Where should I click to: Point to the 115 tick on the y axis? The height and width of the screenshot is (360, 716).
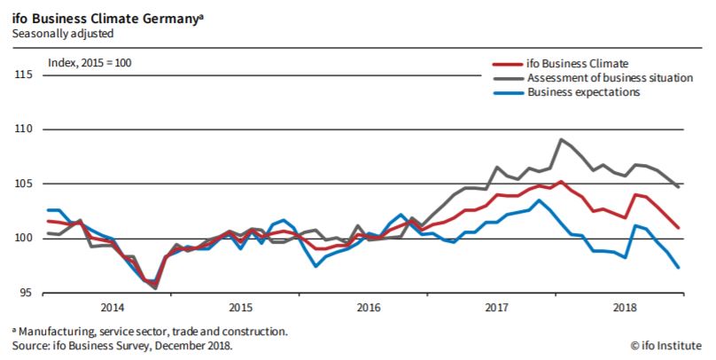pyautogui.click(x=25, y=75)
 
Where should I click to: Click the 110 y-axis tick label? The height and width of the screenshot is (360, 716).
pyautogui.click(x=25, y=129)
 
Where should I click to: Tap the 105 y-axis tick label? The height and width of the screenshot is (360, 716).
pyautogui.click(x=25, y=184)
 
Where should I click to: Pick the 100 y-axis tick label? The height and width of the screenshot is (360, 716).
pyautogui.click(x=25, y=238)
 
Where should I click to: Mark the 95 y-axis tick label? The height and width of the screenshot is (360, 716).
pyautogui.click(x=27, y=292)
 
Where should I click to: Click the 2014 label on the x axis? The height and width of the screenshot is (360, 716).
pyautogui.click(x=113, y=308)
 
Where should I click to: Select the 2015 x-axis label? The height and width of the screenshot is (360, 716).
pyautogui.click(x=240, y=308)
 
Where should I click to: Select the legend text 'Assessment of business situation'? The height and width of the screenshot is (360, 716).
pyautogui.click(x=611, y=78)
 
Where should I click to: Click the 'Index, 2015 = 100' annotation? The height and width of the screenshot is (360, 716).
pyautogui.click(x=96, y=64)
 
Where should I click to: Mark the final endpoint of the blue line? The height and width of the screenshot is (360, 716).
pyautogui.click(x=678, y=267)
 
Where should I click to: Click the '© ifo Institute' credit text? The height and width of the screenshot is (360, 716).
pyautogui.click(x=666, y=345)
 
